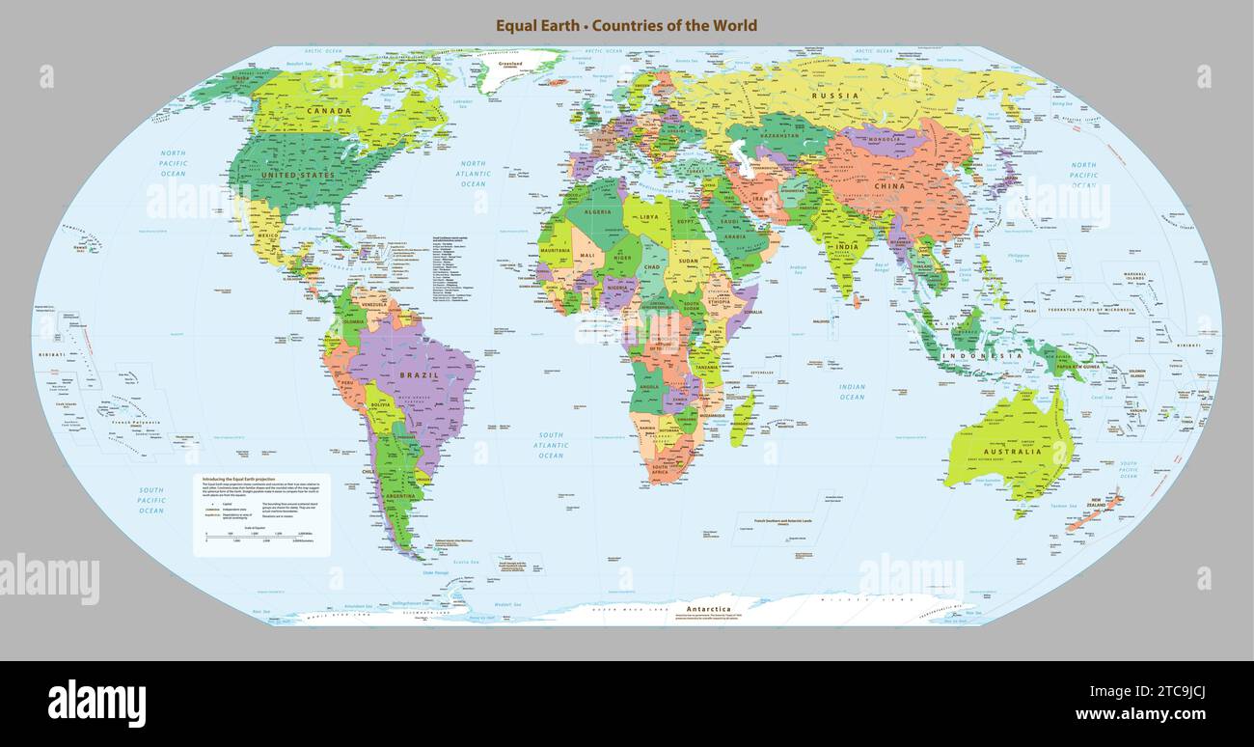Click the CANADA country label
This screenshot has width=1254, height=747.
pos(329,111)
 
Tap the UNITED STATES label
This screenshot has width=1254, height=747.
pos(298,175)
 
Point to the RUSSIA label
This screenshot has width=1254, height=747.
pos(834,96)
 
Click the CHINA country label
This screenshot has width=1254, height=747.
pos(888,184)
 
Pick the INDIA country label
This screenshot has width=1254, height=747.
pos(846,247)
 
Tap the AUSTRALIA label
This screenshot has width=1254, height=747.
pos(1012,452)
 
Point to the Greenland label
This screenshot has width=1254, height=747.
pos(510,65)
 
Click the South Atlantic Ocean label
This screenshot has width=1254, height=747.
pos(551,445)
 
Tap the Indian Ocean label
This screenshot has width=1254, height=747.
pos(852,392)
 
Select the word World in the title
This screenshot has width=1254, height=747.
pos(733,26)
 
